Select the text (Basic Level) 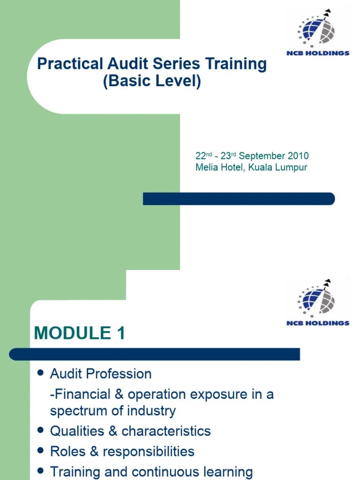152,82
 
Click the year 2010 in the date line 299,156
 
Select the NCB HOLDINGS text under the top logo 318,53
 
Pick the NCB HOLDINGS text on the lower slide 318,323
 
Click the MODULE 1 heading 80,333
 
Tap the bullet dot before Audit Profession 41,373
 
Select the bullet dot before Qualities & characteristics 41,430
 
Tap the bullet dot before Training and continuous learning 41,471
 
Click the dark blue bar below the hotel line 239,199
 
